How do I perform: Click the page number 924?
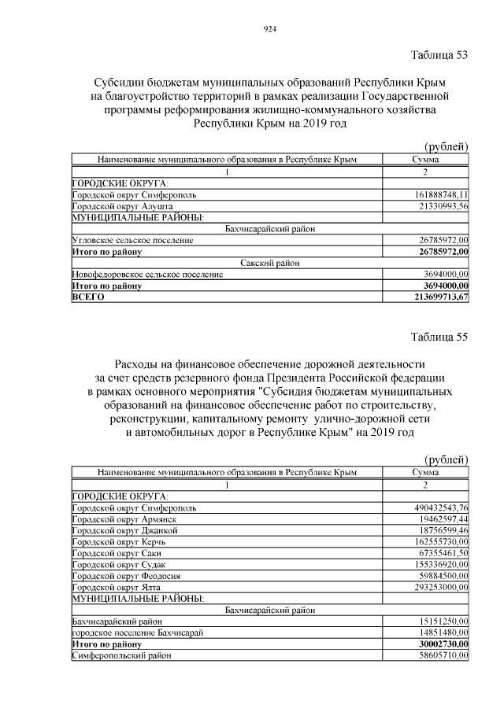(x=269, y=29)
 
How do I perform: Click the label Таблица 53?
(x=439, y=55)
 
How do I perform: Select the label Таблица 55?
(x=439, y=337)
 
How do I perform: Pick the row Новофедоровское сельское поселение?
(x=146, y=275)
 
